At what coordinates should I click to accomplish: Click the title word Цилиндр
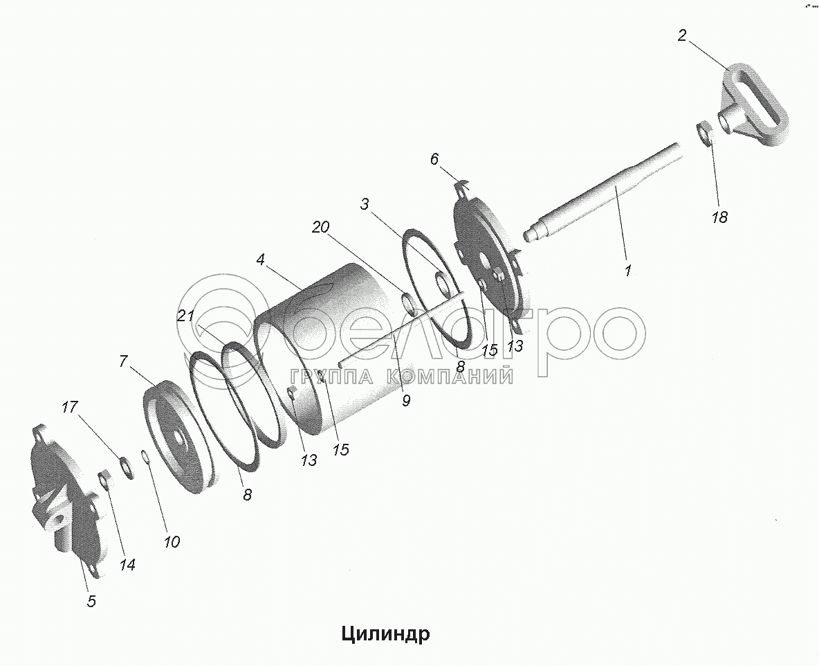click(x=385, y=633)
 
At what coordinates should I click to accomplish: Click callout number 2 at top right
click(x=682, y=36)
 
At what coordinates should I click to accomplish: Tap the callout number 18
click(x=719, y=217)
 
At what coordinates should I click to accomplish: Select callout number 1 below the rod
click(x=627, y=271)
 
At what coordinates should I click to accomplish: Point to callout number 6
click(x=434, y=159)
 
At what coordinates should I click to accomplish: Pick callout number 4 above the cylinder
click(x=261, y=260)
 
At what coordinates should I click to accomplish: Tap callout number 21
click(x=184, y=316)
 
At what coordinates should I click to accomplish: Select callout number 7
click(x=124, y=361)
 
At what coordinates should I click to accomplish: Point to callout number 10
click(x=171, y=541)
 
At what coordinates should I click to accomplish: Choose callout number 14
click(x=126, y=564)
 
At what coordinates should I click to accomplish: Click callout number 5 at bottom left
click(x=91, y=601)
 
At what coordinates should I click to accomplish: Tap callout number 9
click(x=406, y=399)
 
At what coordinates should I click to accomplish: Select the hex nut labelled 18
click(x=704, y=133)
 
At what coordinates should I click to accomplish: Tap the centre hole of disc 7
click(x=179, y=440)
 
